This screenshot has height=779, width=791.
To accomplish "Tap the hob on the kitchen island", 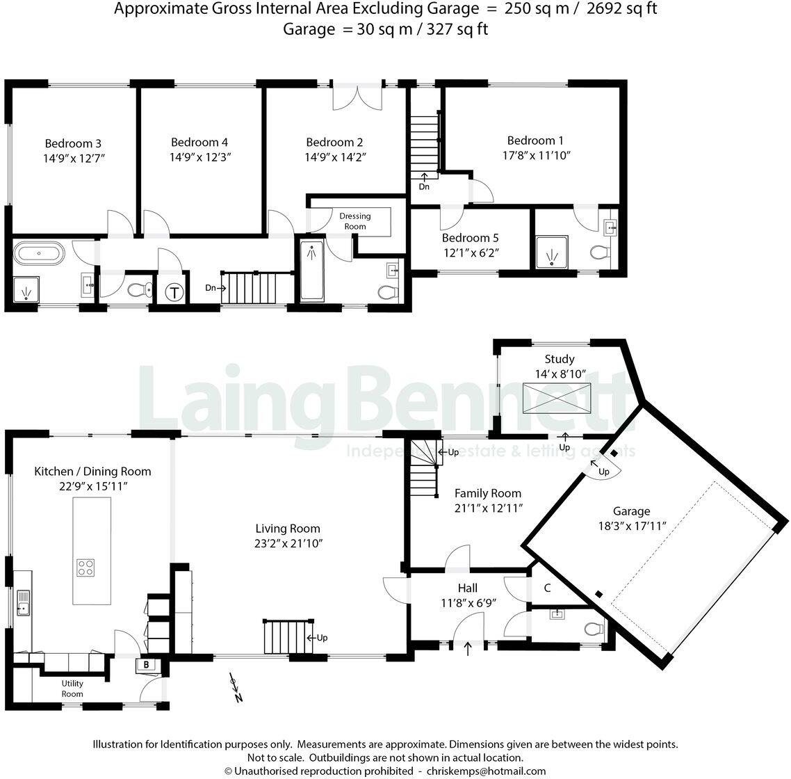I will [x=85, y=568].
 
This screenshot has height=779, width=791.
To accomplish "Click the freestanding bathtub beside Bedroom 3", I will [x=40, y=252].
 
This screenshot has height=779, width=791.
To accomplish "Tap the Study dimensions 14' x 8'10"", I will [x=560, y=374].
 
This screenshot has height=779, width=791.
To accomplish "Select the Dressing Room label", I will [x=354, y=221].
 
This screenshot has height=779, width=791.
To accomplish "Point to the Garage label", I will [x=631, y=511].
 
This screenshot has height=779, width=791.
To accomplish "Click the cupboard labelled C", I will [x=547, y=588].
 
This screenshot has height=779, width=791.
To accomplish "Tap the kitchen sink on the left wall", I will [x=22, y=602].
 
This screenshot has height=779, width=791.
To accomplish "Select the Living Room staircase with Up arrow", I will [x=284, y=637].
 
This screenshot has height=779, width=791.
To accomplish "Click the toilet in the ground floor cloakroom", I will [x=593, y=629].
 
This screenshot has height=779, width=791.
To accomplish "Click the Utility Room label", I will [x=72, y=689].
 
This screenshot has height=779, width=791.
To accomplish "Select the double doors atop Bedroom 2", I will [x=358, y=96].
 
